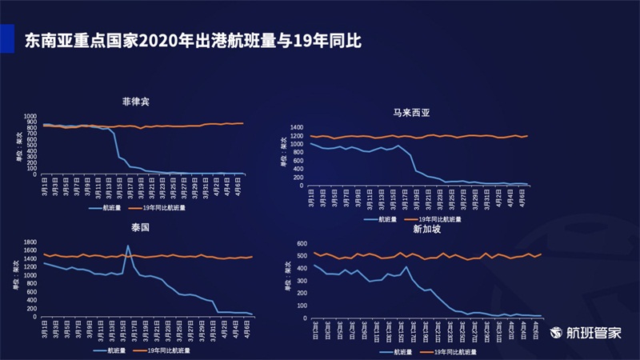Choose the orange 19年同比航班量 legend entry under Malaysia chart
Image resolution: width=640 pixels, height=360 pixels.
tap(438, 218)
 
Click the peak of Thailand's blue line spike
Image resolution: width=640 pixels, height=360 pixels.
tap(128, 246)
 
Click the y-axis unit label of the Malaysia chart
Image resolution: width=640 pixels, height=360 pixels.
tap(283, 156)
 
